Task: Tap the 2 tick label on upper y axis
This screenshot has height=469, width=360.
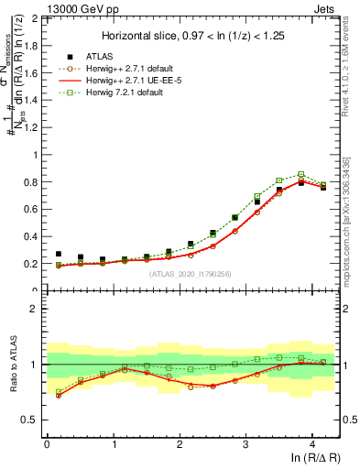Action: point(35,18)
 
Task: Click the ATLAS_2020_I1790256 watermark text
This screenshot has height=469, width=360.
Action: point(190,273)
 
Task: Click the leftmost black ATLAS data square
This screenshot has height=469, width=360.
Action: point(59,254)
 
